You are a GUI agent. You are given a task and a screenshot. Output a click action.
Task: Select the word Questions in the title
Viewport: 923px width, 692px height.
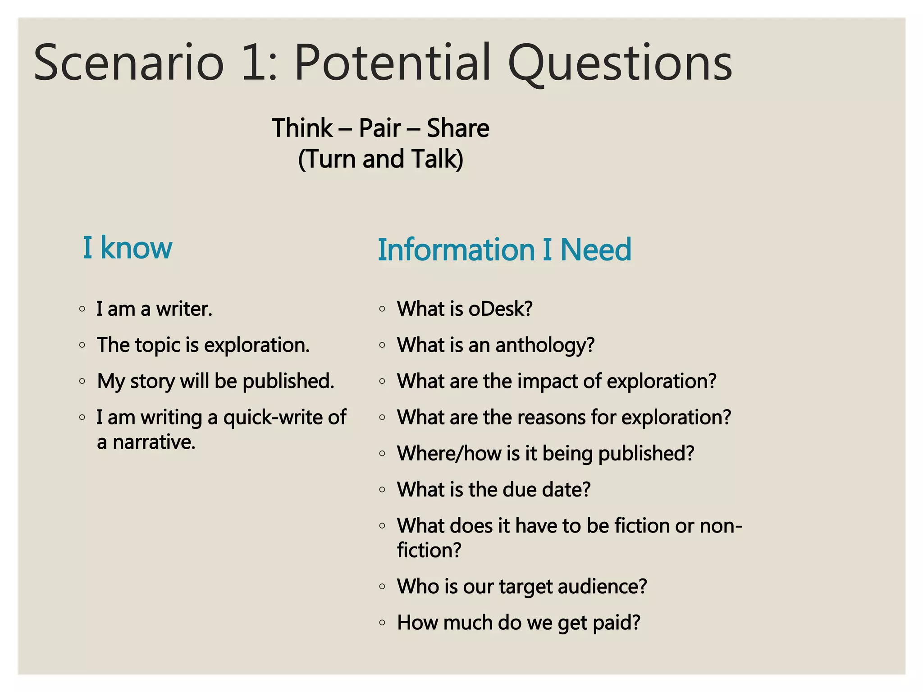(x=620, y=63)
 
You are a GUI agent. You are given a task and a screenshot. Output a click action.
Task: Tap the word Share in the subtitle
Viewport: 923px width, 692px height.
(x=457, y=128)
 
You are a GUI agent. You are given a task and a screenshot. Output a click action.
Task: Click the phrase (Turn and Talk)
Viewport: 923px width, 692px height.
(x=380, y=159)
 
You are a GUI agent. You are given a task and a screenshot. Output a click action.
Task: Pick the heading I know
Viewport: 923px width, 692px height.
(x=127, y=248)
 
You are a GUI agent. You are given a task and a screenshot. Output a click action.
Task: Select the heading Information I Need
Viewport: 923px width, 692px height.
(x=504, y=250)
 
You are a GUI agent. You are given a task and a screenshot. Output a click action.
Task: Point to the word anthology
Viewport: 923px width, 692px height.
(x=545, y=346)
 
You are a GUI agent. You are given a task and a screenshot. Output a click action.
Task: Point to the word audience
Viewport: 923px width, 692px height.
(x=602, y=587)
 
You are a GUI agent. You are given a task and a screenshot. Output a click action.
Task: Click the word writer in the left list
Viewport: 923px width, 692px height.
(x=184, y=309)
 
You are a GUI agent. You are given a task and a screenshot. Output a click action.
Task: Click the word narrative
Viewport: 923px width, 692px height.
(x=154, y=442)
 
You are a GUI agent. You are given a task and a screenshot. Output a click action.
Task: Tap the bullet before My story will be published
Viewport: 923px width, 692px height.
(x=82, y=381)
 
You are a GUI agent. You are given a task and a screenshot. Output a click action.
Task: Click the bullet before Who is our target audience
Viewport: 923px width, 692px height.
(x=382, y=587)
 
